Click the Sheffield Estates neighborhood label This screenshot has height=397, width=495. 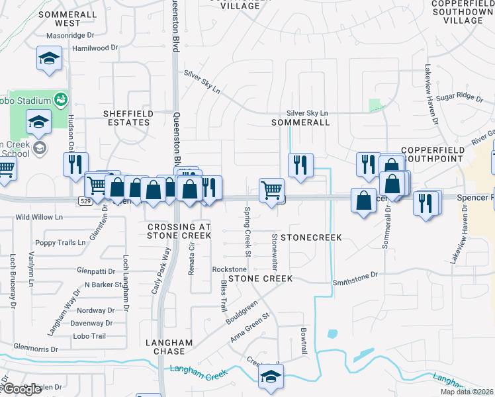click(x=128, y=118)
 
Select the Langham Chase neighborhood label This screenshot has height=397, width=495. click(x=169, y=347)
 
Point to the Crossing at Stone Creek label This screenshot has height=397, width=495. click(x=179, y=231)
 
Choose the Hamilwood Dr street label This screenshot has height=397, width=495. click(x=95, y=48)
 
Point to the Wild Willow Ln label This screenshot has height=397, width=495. click(x=39, y=216)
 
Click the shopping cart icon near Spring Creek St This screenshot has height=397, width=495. click(x=271, y=191)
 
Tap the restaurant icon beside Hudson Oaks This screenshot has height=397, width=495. click(x=75, y=163)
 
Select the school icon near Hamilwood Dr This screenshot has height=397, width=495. click(x=49, y=58)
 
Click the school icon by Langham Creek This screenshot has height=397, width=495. click(x=271, y=376)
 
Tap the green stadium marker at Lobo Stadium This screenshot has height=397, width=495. click(x=62, y=100)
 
